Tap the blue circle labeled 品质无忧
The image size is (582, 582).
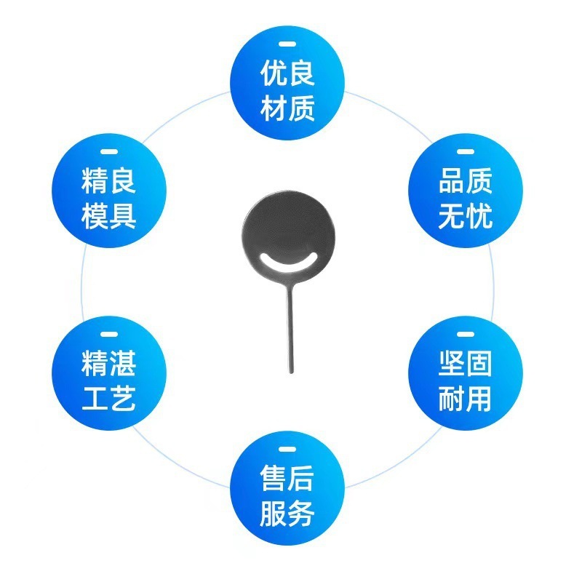466,191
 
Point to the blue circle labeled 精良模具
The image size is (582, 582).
109,191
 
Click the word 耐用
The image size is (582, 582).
466,399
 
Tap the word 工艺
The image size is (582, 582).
109,399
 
